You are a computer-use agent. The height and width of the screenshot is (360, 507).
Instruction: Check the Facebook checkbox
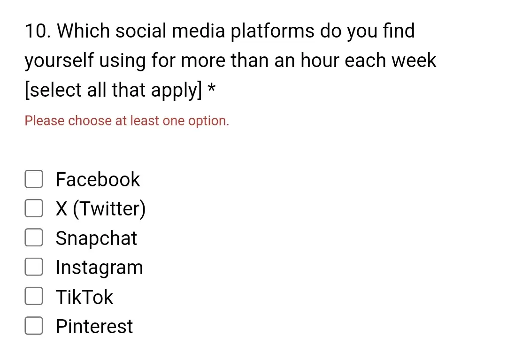(34, 179)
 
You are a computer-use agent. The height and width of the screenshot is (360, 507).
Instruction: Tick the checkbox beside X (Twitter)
(34, 208)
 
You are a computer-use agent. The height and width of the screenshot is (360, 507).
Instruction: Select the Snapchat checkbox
(34, 237)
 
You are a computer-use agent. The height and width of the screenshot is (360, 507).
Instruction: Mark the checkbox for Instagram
(34, 267)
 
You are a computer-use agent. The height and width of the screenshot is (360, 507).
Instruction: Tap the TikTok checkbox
(34, 296)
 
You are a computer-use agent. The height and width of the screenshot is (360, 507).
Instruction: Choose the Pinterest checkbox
(34, 325)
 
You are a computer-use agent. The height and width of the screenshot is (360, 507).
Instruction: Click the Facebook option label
(98, 179)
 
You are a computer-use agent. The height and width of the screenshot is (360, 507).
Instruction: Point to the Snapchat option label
(96, 238)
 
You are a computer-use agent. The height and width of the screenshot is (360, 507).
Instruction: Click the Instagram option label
(99, 268)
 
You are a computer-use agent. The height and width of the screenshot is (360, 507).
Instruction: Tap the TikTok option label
(84, 297)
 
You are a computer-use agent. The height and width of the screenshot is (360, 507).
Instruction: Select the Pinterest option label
(94, 326)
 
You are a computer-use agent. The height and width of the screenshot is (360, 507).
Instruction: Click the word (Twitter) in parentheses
(109, 209)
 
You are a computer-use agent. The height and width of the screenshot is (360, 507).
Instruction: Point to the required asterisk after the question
(211, 88)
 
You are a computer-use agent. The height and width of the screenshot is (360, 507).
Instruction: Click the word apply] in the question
(177, 90)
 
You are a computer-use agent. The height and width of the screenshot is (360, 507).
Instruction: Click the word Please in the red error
(45, 121)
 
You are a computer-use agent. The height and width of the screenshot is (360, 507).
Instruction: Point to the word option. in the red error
(208, 122)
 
